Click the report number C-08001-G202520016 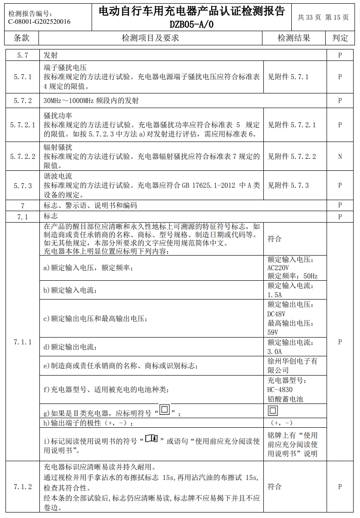point(39,21)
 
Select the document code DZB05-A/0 point(191,24)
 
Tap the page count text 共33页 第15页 point(323,17)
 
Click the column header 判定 point(340,38)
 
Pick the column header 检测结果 point(294,38)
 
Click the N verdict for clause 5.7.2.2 point(340,157)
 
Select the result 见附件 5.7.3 point(288,185)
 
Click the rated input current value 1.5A point(274,295)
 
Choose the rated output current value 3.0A point(274,352)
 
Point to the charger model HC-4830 point(280,390)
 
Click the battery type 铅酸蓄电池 point(285,399)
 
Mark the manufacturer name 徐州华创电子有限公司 point(292,365)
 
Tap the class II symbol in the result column point(273,410)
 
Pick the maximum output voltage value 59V point(273,332)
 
